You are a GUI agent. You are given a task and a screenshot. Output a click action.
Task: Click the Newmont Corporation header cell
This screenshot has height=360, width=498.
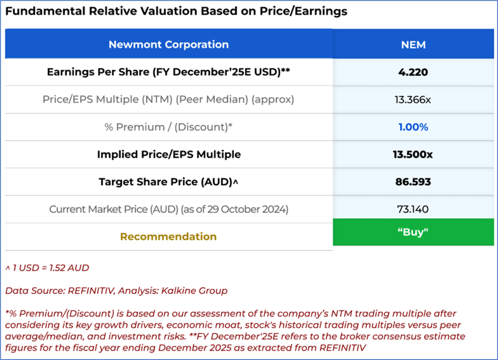pyautogui.click(x=169, y=44)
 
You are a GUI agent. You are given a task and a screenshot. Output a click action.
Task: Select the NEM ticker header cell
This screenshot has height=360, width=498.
pyautogui.click(x=413, y=44)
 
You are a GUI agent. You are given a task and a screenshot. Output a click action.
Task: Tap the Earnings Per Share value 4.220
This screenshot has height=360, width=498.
pyautogui.click(x=413, y=72)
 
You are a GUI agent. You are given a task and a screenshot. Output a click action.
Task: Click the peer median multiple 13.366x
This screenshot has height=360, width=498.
pyautogui.click(x=413, y=99)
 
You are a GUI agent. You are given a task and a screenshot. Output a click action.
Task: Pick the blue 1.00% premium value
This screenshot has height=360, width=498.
pyautogui.click(x=413, y=127)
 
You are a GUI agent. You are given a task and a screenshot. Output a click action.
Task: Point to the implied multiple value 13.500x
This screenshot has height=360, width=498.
pyautogui.click(x=413, y=155)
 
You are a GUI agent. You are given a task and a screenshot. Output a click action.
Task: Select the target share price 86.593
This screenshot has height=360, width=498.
pyautogui.click(x=413, y=182)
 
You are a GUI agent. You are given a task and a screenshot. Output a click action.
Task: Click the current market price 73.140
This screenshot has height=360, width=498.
pyautogui.click(x=413, y=209)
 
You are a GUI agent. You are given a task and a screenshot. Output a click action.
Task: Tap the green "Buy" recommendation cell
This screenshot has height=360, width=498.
pyautogui.click(x=413, y=232)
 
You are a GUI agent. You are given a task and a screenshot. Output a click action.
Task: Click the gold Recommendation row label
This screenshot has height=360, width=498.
pyautogui.click(x=169, y=237)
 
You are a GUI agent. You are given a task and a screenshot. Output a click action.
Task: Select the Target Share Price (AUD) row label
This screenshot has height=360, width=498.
pyautogui.click(x=169, y=182)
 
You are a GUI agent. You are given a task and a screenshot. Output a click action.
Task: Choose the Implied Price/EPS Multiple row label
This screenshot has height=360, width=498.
pyautogui.click(x=169, y=155)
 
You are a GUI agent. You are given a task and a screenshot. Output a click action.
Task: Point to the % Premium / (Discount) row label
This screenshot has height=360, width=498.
pyautogui.click(x=169, y=127)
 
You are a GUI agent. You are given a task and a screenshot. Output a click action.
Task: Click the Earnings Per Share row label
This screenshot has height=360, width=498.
pyautogui.click(x=169, y=72)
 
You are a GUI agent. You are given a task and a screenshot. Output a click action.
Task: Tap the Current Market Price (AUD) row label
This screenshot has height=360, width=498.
pyautogui.click(x=169, y=209)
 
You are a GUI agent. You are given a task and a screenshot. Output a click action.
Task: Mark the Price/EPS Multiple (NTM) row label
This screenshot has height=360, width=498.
pyautogui.click(x=169, y=99)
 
